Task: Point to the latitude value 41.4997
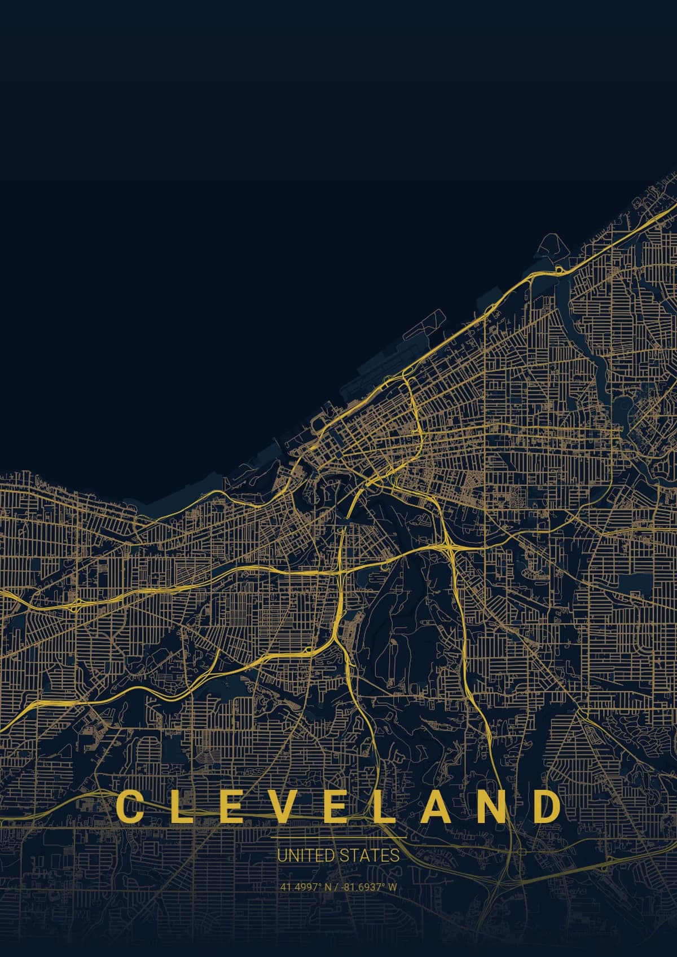(297, 887)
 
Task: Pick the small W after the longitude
(393, 887)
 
